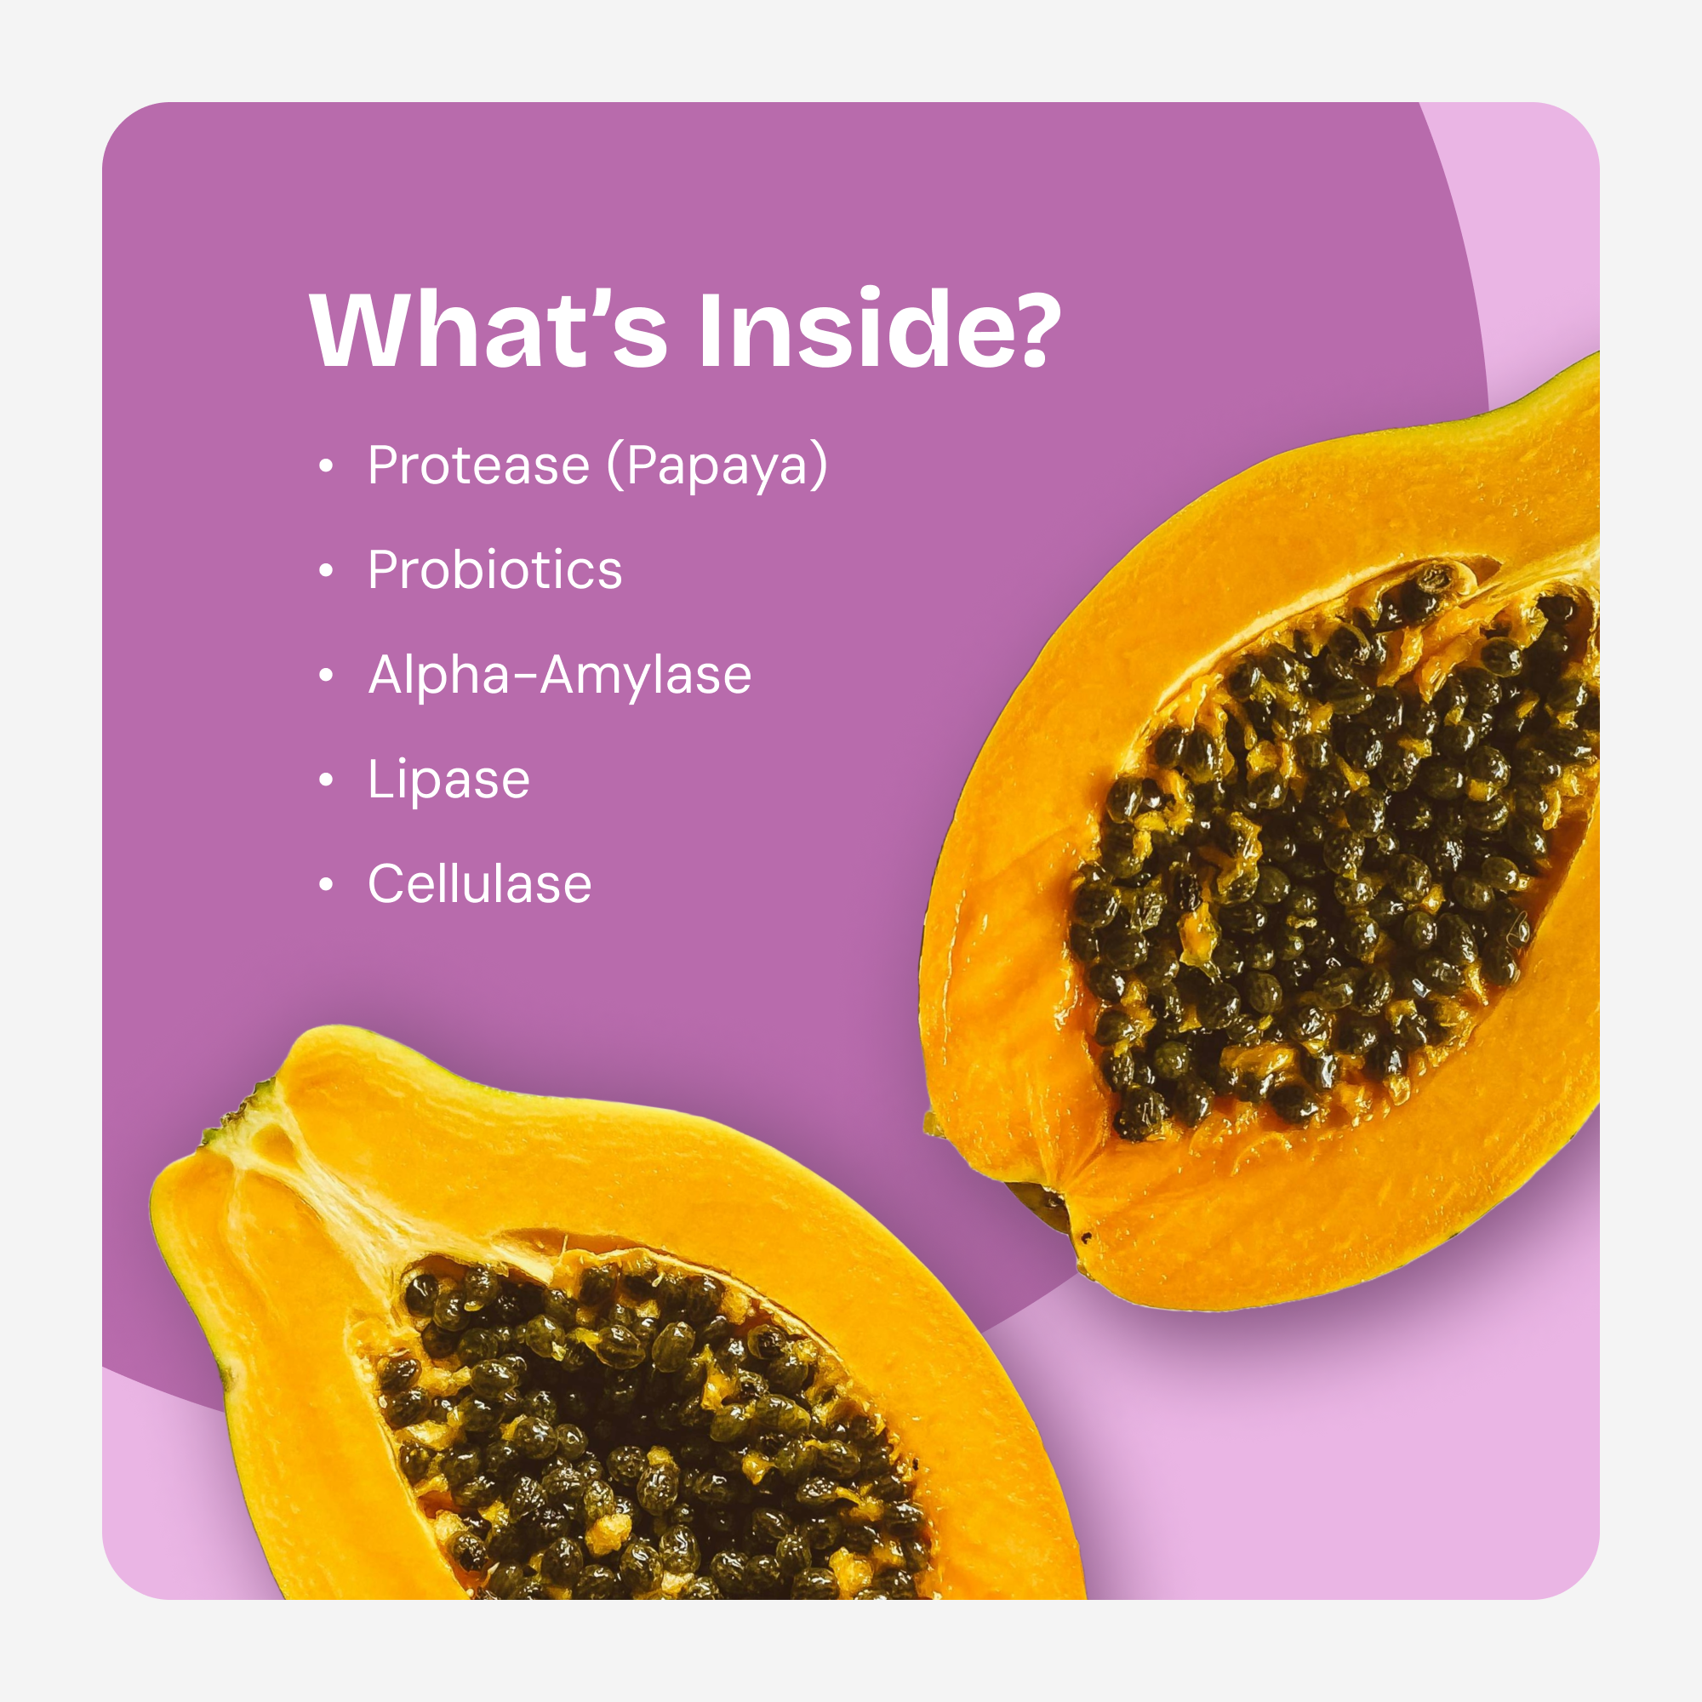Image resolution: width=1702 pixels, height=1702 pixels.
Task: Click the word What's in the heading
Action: click(x=489, y=328)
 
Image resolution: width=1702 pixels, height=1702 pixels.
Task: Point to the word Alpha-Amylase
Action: click(x=559, y=677)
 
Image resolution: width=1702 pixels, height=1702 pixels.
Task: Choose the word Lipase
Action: click(x=448, y=780)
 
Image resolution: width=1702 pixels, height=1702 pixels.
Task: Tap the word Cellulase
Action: click(x=479, y=883)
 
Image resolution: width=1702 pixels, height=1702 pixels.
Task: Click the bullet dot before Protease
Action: click(x=326, y=466)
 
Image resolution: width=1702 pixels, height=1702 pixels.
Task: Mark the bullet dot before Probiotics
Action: click(x=326, y=571)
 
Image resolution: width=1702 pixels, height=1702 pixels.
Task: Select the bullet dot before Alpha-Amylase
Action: click(x=326, y=676)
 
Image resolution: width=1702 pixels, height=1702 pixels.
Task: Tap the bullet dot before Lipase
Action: click(x=326, y=780)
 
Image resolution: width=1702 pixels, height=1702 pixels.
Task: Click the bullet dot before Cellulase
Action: click(x=326, y=884)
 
